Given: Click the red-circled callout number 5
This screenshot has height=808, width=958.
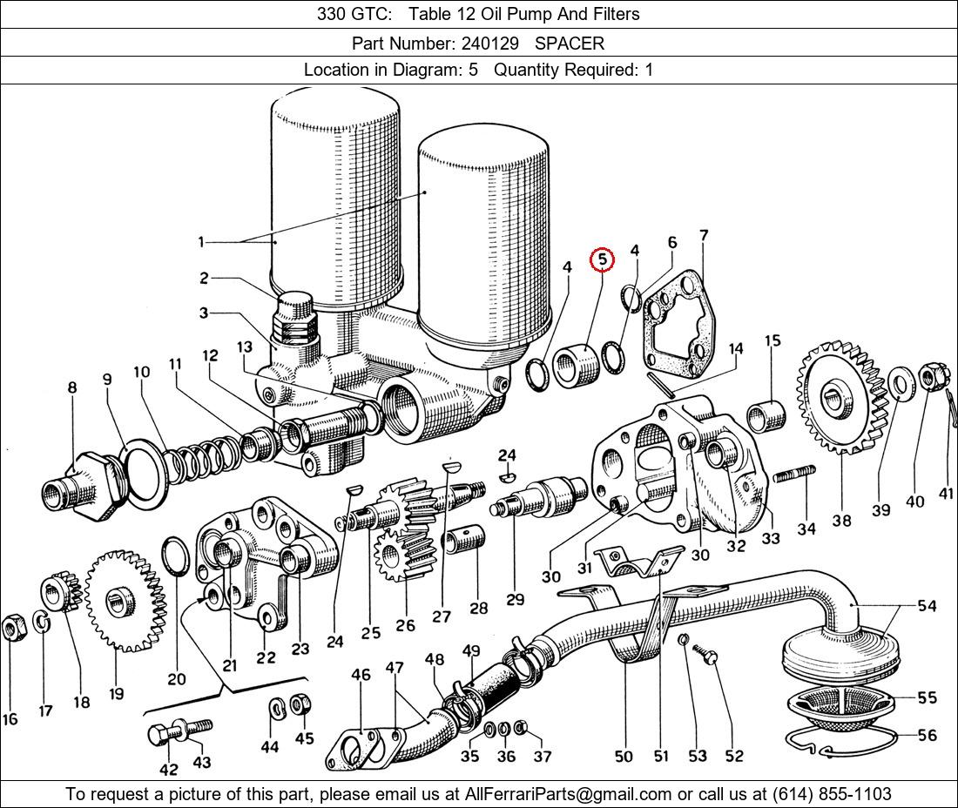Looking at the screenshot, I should pos(602,259).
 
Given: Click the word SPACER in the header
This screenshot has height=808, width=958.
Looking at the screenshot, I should pos(569,43).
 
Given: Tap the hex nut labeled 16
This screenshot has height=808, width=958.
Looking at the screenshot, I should pos(13,626).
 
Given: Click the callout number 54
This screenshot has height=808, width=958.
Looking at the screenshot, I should pos(927,606).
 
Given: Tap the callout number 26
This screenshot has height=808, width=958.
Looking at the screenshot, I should pos(406,625).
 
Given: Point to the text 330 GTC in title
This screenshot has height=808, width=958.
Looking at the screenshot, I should pos(346,14).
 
